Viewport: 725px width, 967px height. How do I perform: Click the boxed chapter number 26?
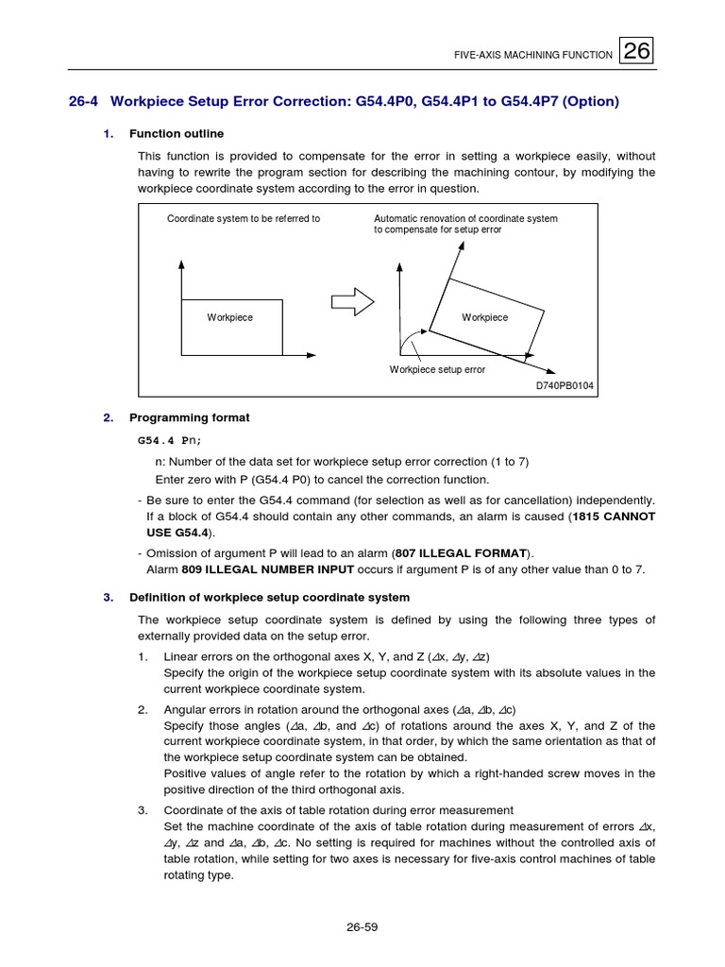pyautogui.click(x=637, y=53)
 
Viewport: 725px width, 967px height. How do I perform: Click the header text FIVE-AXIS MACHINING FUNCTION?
pyautogui.click(x=532, y=56)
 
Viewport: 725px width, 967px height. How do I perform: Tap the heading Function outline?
pyautogui.click(x=177, y=133)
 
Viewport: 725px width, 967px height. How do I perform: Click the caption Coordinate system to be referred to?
pyautogui.click(x=244, y=218)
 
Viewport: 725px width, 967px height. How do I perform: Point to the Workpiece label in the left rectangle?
pyautogui.click(x=229, y=317)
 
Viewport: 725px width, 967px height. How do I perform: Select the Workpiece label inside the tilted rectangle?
pyautogui.click(x=484, y=317)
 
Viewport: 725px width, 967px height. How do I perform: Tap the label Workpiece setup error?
pyautogui.click(x=437, y=369)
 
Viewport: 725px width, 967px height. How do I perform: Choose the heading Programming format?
pyautogui.click(x=189, y=417)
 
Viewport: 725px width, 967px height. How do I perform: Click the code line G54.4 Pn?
pyautogui.click(x=170, y=440)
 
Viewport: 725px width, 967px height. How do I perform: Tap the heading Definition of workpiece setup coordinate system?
pyautogui.click(x=269, y=597)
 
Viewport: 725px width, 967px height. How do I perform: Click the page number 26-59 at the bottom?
pyautogui.click(x=362, y=926)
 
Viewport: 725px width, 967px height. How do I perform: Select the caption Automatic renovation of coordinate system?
pyautogui.click(x=465, y=218)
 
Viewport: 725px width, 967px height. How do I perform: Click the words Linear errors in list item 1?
pyautogui.click(x=196, y=656)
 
